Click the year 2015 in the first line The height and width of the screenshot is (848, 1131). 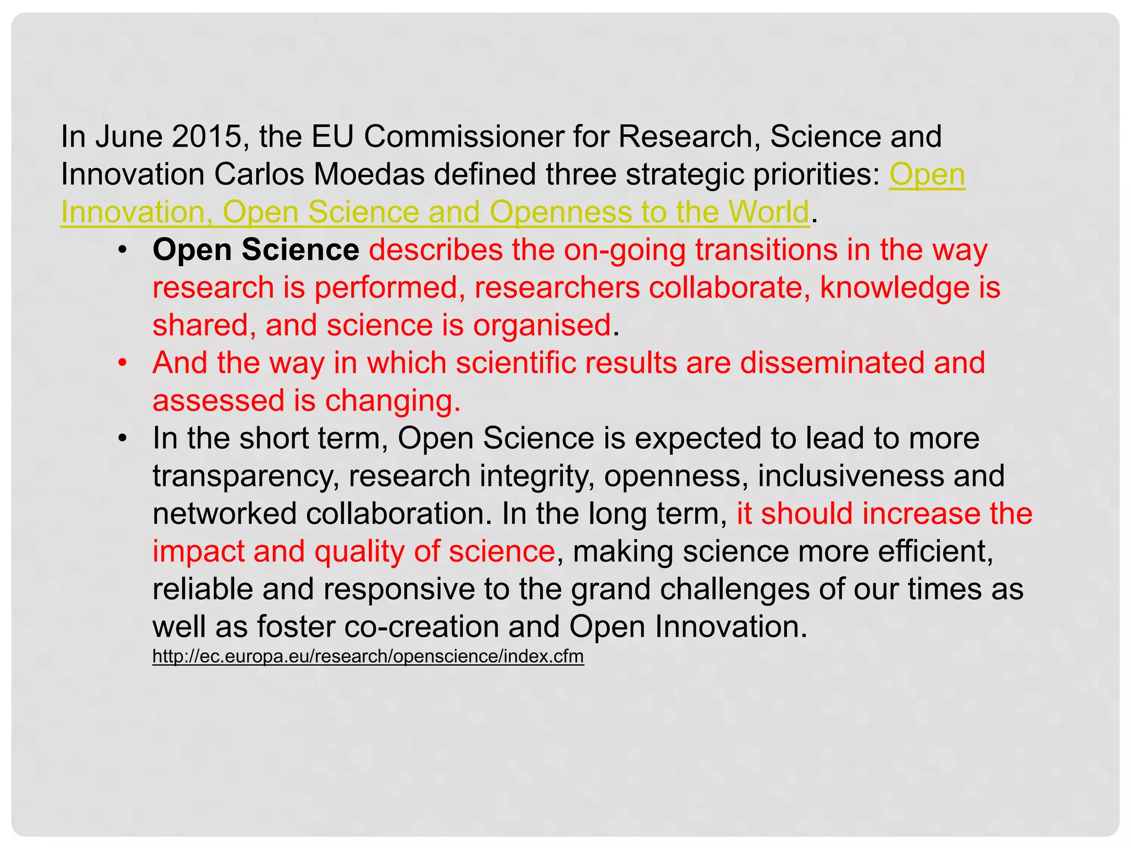point(207,136)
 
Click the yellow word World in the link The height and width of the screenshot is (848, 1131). point(768,212)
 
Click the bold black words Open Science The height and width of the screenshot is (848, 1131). point(256,250)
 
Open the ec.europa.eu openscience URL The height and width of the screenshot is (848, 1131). point(368,656)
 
